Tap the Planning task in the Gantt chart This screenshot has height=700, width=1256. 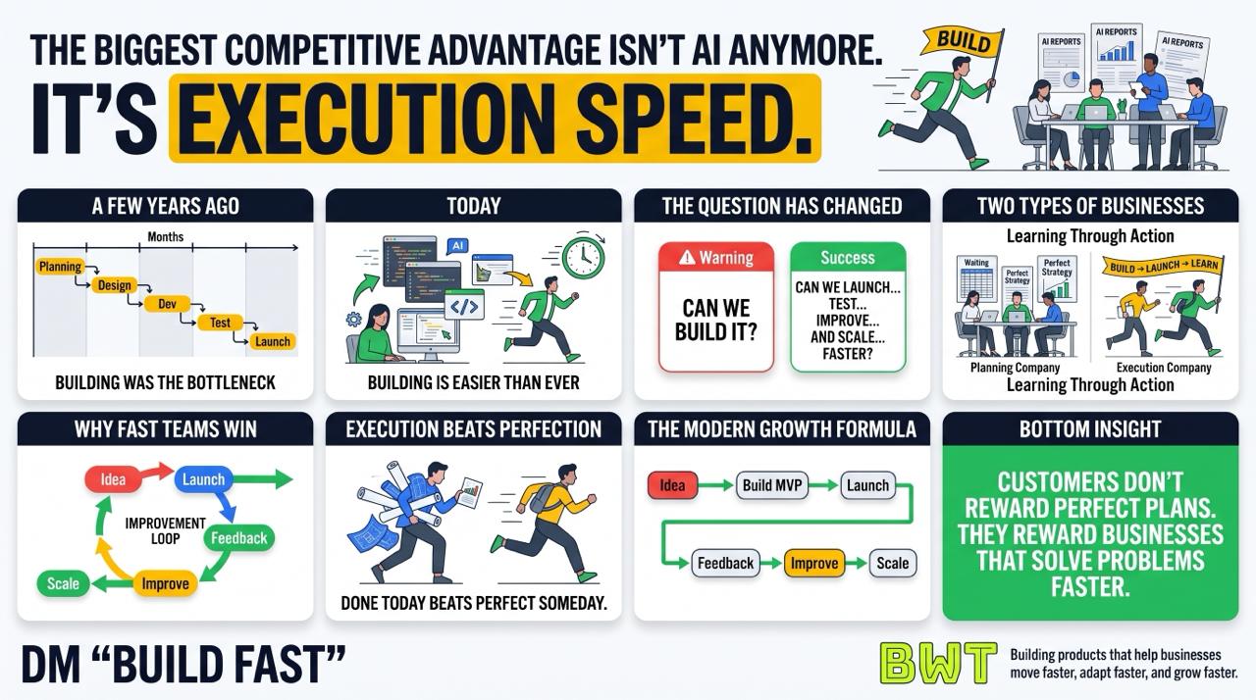[61, 267]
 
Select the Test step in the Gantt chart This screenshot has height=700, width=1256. [220, 323]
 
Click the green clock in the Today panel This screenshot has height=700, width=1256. [583, 257]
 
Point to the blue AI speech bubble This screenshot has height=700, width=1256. [457, 246]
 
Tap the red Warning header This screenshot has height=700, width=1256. [716, 257]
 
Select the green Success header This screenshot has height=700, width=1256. [848, 257]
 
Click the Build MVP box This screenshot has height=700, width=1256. [772, 485]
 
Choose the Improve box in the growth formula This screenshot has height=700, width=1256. [814, 563]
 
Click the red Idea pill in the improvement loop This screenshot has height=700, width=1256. [113, 479]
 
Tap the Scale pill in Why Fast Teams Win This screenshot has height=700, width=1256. [64, 583]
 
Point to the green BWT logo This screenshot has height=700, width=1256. [938, 664]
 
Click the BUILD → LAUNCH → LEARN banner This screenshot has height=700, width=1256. [1163, 267]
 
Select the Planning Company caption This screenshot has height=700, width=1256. [1015, 368]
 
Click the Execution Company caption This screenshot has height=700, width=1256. [1164, 368]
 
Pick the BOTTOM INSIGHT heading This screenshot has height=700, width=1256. [1090, 429]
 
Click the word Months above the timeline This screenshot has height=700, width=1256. [166, 237]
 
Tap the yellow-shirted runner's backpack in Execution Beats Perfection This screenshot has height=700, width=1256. [541, 497]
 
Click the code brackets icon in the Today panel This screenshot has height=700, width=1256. [465, 306]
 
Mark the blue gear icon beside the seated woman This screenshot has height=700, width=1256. [354, 320]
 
